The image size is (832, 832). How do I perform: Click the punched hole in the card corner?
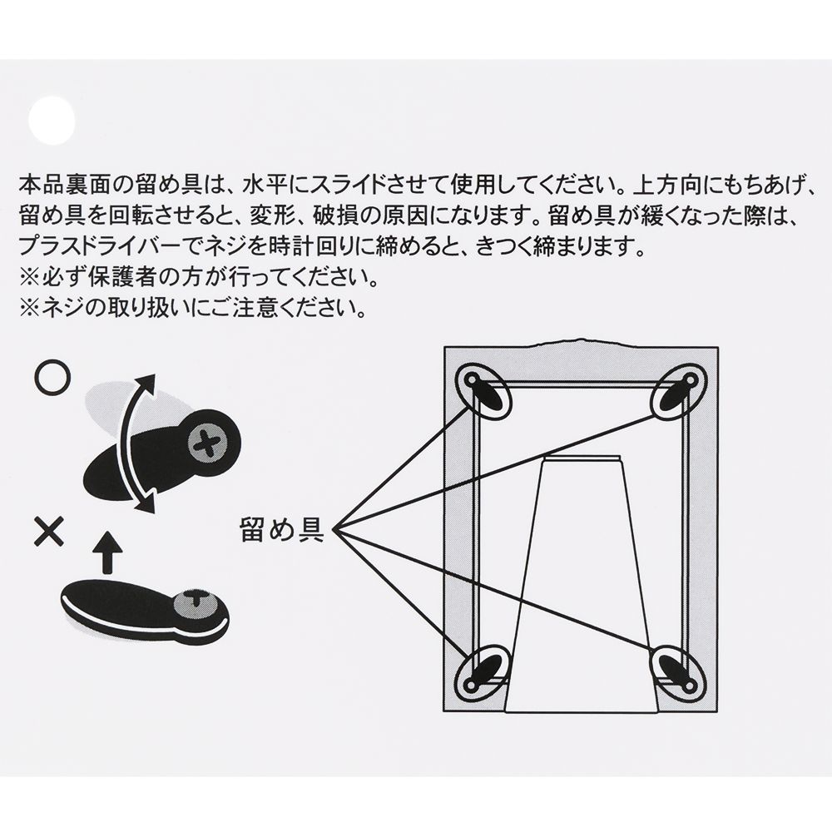pos(52,122)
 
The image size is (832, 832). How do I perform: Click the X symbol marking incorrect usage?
pos(49,529)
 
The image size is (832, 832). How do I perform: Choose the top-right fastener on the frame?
pos(678,389)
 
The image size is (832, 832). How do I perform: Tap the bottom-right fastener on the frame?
pos(678,667)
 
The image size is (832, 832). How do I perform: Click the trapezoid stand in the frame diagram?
pos(580,582)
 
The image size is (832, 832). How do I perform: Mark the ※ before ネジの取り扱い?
pos(27,309)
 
